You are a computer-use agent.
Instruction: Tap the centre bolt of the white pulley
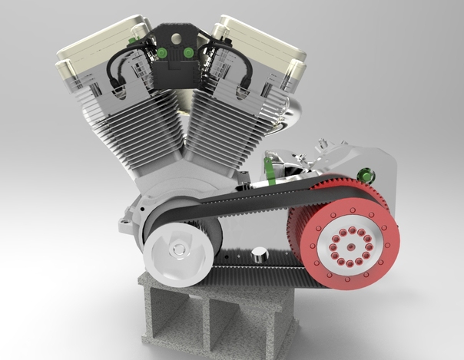click(x=179, y=249)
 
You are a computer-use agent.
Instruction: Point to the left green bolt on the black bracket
click(x=164, y=52)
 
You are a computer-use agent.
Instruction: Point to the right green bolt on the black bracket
click(x=187, y=52)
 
